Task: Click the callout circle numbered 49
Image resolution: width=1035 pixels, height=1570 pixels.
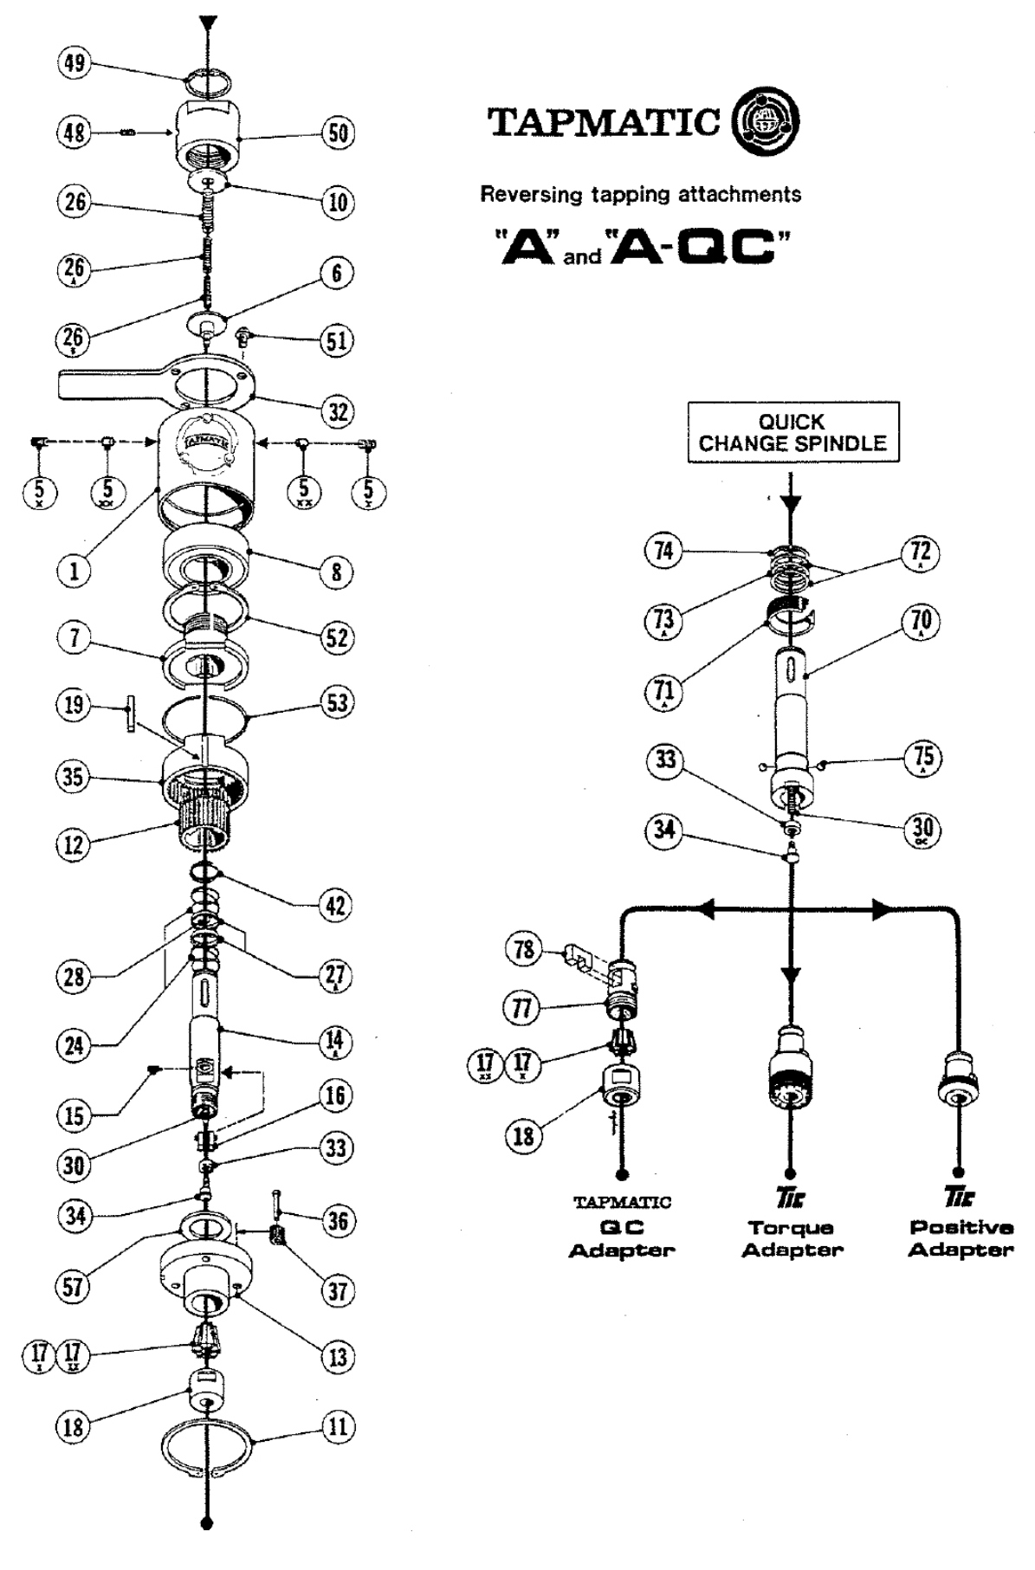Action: point(74,64)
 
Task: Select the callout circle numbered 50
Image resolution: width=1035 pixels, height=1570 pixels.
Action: point(338,132)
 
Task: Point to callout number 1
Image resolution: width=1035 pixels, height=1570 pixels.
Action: point(74,571)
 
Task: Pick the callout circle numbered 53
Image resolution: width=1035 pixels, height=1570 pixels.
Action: point(337,701)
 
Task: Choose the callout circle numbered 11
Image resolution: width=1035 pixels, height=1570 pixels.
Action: point(338,1425)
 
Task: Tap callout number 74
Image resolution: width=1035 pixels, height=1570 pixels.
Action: point(663,551)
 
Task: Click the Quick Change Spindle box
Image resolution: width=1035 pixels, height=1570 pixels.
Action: point(792,433)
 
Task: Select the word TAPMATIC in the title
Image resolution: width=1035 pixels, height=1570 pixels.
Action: point(605,123)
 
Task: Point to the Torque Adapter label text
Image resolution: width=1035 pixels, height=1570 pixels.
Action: point(792,1238)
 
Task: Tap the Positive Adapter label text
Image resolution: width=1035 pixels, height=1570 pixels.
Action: point(961,1238)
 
